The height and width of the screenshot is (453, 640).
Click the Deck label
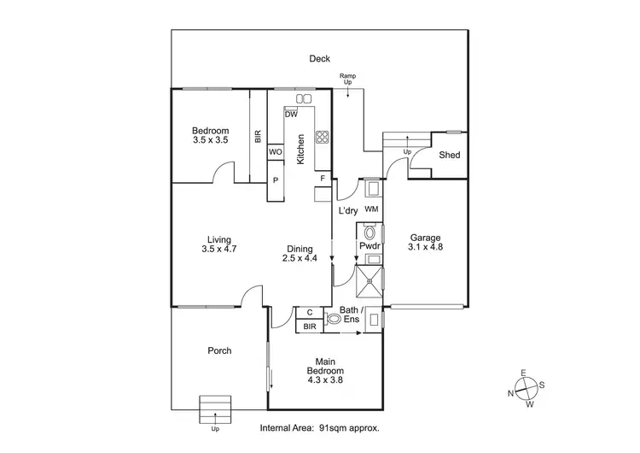pyautogui.click(x=320, y=59)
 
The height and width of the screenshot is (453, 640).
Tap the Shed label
pyautogui.click(x=450, y=155)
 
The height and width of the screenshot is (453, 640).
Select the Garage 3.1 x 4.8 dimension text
pyautogui.click(x=426, y=247)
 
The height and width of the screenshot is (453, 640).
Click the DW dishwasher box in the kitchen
pyautogui.click(x=291, y=115)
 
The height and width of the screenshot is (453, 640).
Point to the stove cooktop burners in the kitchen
pyautogui.click(x=323, y=137)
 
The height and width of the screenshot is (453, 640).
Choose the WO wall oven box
pyautogui.click(x=275, y=151)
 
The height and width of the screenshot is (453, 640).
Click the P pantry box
pyautogui.click(x=275, y=180)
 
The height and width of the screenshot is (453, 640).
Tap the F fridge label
pyautogui.click(x=323, y=179)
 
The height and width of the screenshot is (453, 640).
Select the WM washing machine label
pyautogui.click(x=371, y=209)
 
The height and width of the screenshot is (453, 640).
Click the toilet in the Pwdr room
pyautogui.click(x=369, y=232)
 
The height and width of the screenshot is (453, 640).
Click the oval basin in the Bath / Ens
pyautogui.click(x=334, y=320)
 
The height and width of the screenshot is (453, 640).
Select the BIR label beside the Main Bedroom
pyautogui.click(x=309, y=326)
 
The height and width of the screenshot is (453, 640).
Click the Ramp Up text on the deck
pyautogui.click(x=347, y=80)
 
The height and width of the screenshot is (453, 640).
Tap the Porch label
pyautogui.click(x=219, y=350)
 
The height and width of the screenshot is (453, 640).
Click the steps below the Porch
pyautogui.click(x=215, y=409)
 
